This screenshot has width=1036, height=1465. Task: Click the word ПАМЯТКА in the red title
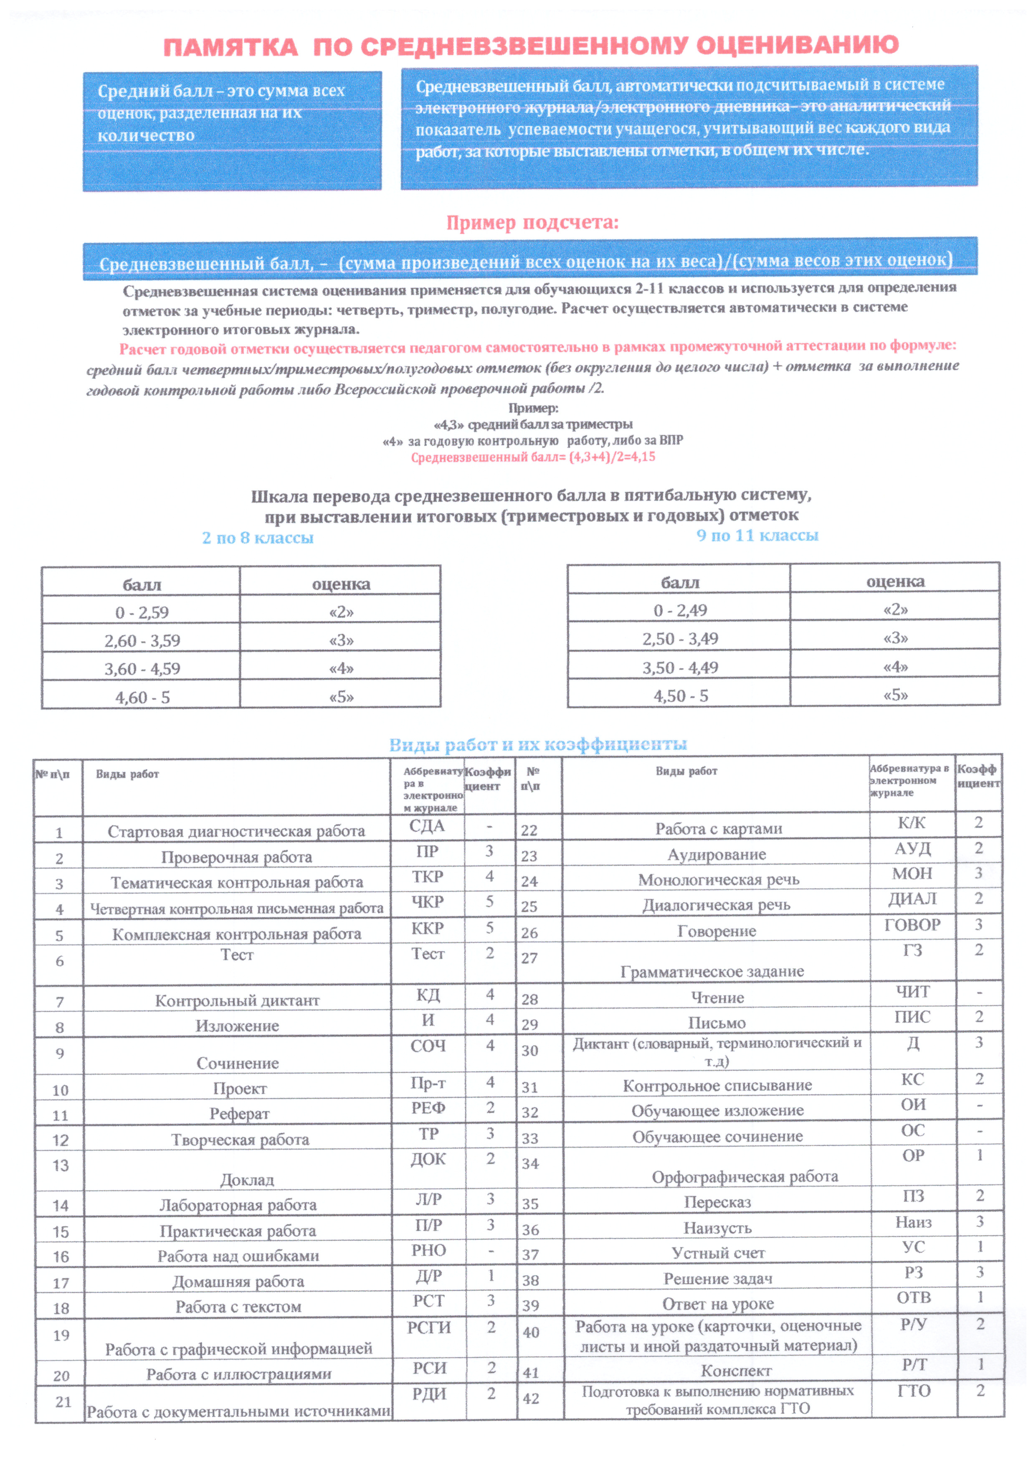(x=231, y=47)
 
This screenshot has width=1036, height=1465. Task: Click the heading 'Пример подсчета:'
(x=532, y=223)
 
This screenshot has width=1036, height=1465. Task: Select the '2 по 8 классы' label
(x=258, y=538)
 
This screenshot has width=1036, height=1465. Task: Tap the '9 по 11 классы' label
(x=757, y=536)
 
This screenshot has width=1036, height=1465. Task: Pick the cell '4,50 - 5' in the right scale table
(x=681, y=696)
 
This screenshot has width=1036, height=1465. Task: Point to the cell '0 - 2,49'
(x=680, y=610)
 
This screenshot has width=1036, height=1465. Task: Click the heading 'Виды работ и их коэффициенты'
(x=538, y=744)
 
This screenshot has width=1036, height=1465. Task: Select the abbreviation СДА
(x=427, y=826)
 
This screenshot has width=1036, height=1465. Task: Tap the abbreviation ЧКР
(x=428, y=901)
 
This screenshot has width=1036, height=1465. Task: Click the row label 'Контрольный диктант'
(x=237, y=1000)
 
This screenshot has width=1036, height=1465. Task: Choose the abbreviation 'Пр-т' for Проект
(x=428, y=1083)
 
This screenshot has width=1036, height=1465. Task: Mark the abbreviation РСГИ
(x=429, y=1327)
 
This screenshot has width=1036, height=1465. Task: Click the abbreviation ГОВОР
(x=912, y=924)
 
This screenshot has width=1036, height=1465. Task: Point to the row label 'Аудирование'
(x=717, y=854)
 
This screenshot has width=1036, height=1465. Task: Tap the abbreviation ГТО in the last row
(x=914, y=1390)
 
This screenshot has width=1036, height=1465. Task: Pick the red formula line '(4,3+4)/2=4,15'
(x=533, y=457)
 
